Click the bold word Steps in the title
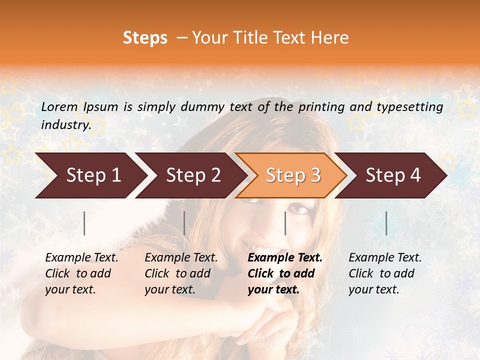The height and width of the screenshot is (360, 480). [145, 38]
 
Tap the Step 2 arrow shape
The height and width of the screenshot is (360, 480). [190, 175]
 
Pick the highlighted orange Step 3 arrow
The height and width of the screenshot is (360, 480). [291, 175]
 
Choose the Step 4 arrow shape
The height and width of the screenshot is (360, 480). [391, 175]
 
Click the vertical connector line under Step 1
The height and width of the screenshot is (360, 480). [84, 223]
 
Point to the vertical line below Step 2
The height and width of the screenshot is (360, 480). [184, 223]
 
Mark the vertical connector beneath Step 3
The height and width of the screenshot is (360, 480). [285, 223]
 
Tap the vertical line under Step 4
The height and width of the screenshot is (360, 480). [386, 223]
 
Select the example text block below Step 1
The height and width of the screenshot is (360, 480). [81, 273]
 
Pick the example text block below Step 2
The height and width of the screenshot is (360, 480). [181, 273]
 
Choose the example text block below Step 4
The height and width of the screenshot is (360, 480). [385, 273]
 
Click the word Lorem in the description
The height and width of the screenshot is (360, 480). [59, 107]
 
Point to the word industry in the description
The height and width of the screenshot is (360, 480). [66, 125]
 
